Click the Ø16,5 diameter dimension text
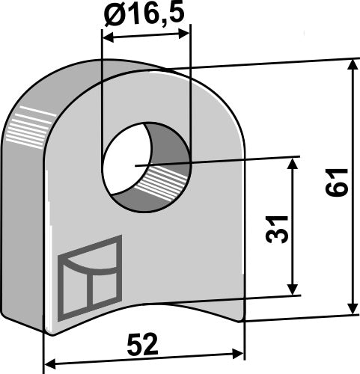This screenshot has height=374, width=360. coord(147,14)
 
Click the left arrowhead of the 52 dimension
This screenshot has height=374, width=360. coord(49,364)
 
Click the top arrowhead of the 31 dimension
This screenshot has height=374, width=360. coord(293,162)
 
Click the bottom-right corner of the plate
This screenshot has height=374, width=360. coord(243,320)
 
